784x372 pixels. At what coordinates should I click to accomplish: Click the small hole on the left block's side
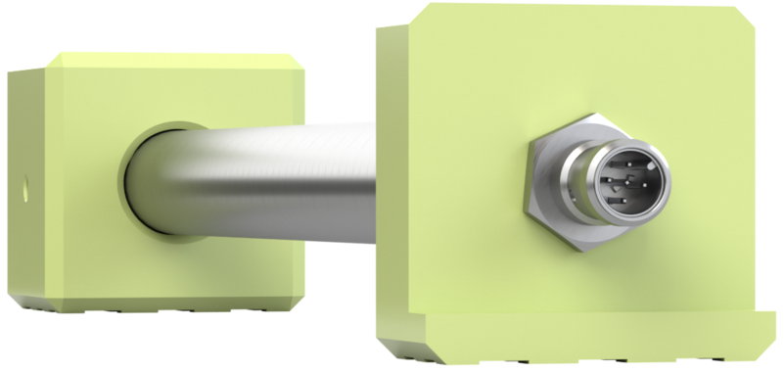pos(24,183)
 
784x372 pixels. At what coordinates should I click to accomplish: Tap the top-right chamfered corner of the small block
pos(297,61)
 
